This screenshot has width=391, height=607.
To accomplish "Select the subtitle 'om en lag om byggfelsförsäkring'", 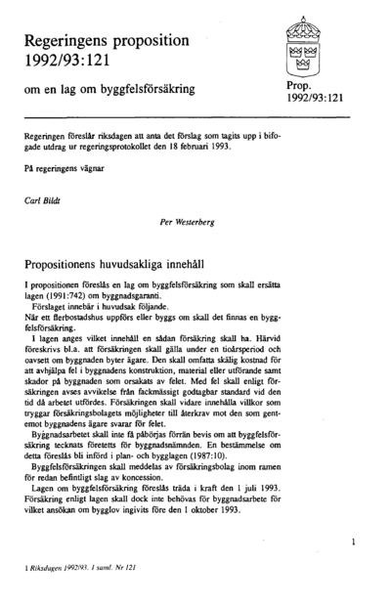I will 109,89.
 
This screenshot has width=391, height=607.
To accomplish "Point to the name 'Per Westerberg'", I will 187,221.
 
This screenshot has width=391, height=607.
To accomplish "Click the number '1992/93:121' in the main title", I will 70,61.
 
